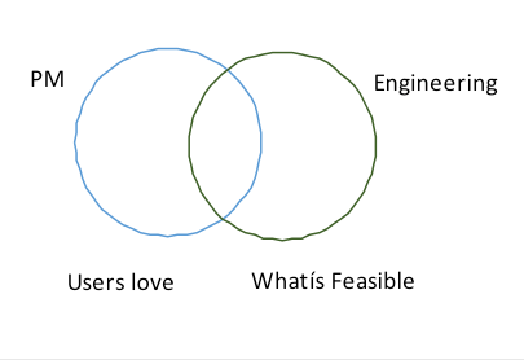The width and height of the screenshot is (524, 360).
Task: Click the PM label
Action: click(x=47, y=80)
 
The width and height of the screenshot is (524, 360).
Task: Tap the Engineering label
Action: click(x=436, y=84)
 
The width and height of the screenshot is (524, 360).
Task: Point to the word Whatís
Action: click(x=289, y=281)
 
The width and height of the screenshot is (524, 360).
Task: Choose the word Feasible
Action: click(x=373, y=281)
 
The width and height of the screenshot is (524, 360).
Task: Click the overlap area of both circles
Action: click(x=225, y=142)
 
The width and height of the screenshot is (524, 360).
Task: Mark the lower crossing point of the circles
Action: click(x=223, y=219)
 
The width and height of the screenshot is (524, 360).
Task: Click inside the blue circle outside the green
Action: click(x=129, y=142)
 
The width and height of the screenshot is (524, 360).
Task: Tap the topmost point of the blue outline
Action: click(x=167, y=48)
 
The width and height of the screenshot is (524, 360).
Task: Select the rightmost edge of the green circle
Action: click(x=377, y=146)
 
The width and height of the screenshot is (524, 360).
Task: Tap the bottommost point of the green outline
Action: click(x=283, y=240)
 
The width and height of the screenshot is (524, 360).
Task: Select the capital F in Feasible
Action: click(x=336, y=281)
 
